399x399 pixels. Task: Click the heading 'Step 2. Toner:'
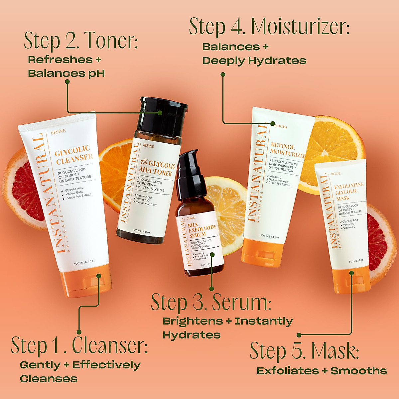[x=81, y=41]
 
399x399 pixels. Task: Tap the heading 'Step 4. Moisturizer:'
[x=269, y=27]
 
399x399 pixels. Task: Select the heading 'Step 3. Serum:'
[x=211, y=302]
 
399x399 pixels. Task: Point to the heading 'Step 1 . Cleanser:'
[x=79, y=345]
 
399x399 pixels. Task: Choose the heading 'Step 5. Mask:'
[x=304, y=351]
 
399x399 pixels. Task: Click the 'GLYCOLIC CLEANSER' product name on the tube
[x=73, y=155]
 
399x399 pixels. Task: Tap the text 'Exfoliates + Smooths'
[x=322, y=371]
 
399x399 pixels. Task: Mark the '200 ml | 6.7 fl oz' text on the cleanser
[x=84, y=262]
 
